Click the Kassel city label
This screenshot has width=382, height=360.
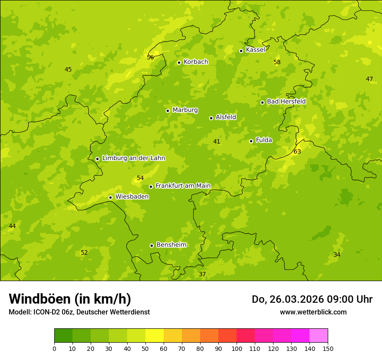click(x=255, y=50)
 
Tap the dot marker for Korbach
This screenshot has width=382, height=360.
click(x=179, y=62)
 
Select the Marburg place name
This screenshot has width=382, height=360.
click(x=185, y=110)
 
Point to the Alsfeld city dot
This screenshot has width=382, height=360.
click(x=211, y=118)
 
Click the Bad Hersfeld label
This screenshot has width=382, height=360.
click(x=286, y=101)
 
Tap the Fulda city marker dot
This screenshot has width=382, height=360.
click(x=251, y=141)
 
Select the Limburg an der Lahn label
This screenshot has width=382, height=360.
click(x=133, y=158)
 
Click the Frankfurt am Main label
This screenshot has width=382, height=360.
click(x=183, y=186)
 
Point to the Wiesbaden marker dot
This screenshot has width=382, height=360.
click(x=110, y=197)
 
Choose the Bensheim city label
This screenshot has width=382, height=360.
click(x=171, y=245)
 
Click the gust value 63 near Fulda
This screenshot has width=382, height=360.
click(x=297, y=152)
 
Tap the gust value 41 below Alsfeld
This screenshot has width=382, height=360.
click(x=217, y=142)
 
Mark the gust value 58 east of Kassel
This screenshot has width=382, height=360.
click(x=277, y=62)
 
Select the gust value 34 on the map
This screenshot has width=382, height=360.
click(x=337, y=255)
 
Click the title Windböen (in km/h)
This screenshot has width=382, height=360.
click(x=70, y=299)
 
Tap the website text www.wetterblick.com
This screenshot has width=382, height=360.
click(x=313, y=312)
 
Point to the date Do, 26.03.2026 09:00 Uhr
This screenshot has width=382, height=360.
click(x=312, y=299)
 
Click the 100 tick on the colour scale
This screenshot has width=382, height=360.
click(x=237, y=348)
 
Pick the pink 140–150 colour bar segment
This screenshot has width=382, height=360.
click(x=319, y=336)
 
